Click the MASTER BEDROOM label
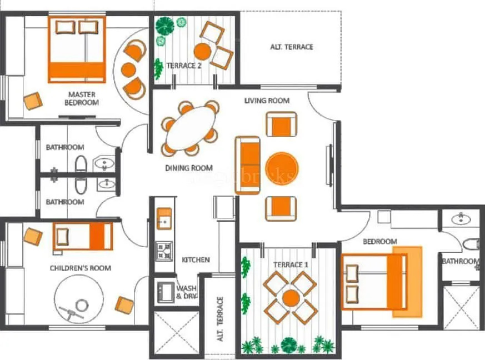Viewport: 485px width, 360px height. click(82, 98)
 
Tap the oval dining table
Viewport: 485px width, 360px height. click(190, 128)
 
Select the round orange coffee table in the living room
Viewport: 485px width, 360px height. click(282, 168)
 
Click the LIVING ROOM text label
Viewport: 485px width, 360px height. click(267, 101)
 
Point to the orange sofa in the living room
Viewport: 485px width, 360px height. click(247, 165)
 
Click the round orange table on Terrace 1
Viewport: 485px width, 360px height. click(291, 298)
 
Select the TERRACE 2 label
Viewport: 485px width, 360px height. click(183, 66)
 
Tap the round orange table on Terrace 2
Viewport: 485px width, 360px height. click(202, 51)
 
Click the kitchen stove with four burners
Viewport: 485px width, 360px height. click(164, 251)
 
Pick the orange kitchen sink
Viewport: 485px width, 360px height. click(164, 218)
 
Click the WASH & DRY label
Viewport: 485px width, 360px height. click(187, 292)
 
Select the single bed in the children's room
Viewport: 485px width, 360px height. click(83, 236)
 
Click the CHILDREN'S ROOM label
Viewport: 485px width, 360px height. click(81, 268)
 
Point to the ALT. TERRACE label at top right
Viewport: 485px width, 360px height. click(292, 47)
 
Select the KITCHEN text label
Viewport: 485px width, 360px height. click(196, 259)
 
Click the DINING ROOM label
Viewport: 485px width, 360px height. click(189, 167)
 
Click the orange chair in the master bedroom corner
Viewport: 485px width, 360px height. click(33, 101)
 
